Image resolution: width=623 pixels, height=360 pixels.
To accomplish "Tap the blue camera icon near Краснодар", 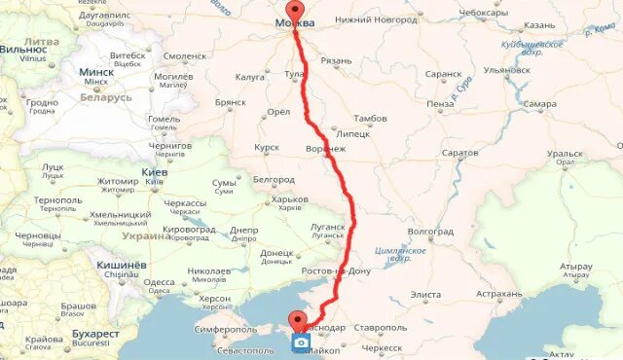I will pyautogui.click(x=303, y=342).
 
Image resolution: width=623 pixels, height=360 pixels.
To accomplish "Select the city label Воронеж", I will pyautogui.click(x=326, y=148).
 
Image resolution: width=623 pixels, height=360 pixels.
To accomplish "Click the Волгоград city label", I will pyautogui.click(x=431, y=232).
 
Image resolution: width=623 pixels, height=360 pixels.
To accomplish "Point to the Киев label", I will pyautogui.click(x=154, y=172).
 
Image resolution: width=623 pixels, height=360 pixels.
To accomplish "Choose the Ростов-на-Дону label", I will pyautogui.click(x=340, y=270).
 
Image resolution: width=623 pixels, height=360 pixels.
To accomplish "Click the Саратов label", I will pyautogui.click(x=459, y=153).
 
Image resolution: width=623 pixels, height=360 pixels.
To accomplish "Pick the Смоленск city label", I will pyautogui.click(x=185, y=55).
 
